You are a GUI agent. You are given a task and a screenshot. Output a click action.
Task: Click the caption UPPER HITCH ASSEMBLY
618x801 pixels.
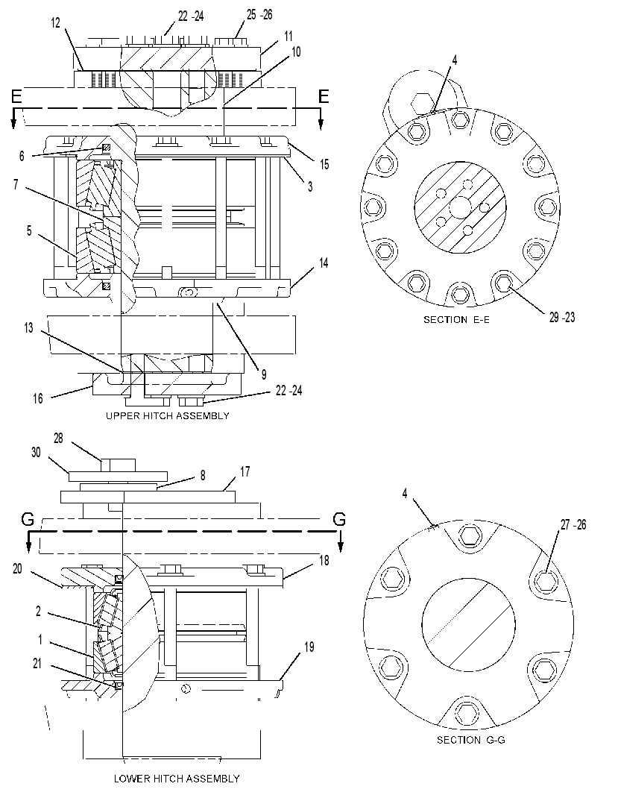tap(168, 416)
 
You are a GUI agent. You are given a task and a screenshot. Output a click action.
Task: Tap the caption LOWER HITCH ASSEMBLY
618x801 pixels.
tap(176, 779)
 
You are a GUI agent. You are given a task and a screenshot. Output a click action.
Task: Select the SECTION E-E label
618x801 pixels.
tap(456, 320)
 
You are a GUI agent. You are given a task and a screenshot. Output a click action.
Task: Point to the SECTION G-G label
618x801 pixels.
tap(471, 740)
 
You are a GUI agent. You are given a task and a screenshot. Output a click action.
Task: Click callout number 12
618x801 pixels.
tap(56, 22)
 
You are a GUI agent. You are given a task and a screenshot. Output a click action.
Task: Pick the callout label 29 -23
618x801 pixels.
tap(562, 317)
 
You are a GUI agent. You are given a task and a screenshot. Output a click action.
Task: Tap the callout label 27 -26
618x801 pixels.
tap(573, 524)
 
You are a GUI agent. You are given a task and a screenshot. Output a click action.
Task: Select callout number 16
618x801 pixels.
tap(38, 398)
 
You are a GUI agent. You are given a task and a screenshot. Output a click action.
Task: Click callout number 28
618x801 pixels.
tap(58, 439)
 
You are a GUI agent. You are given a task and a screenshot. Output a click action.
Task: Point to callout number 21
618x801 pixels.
tap(37, 664)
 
